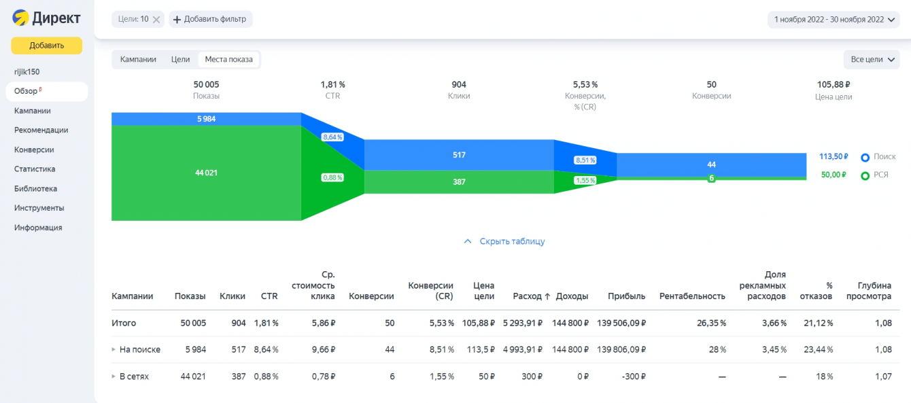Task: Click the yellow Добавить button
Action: (x=46, y=46)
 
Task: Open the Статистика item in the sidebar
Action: (x=35, y=169)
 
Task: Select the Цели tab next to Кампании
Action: (x=180, y=59)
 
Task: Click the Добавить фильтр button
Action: (x=211, y=19)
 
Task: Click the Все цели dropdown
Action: (x=873, y=59)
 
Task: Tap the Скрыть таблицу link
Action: (x=511, y=241)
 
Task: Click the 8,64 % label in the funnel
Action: (x=332, y=137)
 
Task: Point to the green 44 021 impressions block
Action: (x=206, y=173)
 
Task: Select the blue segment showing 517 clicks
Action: (x=459, y=155)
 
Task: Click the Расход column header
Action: (x=531, y=296)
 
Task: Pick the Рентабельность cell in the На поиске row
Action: (x=717, y=349)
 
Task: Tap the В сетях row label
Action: (x=134, y=376)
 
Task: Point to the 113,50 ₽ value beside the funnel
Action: (x=833, y=156)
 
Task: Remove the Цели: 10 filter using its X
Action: (x=156, y=20)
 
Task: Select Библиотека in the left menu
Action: (x=35, y=189)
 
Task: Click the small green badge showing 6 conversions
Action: (x=711, y=178)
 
